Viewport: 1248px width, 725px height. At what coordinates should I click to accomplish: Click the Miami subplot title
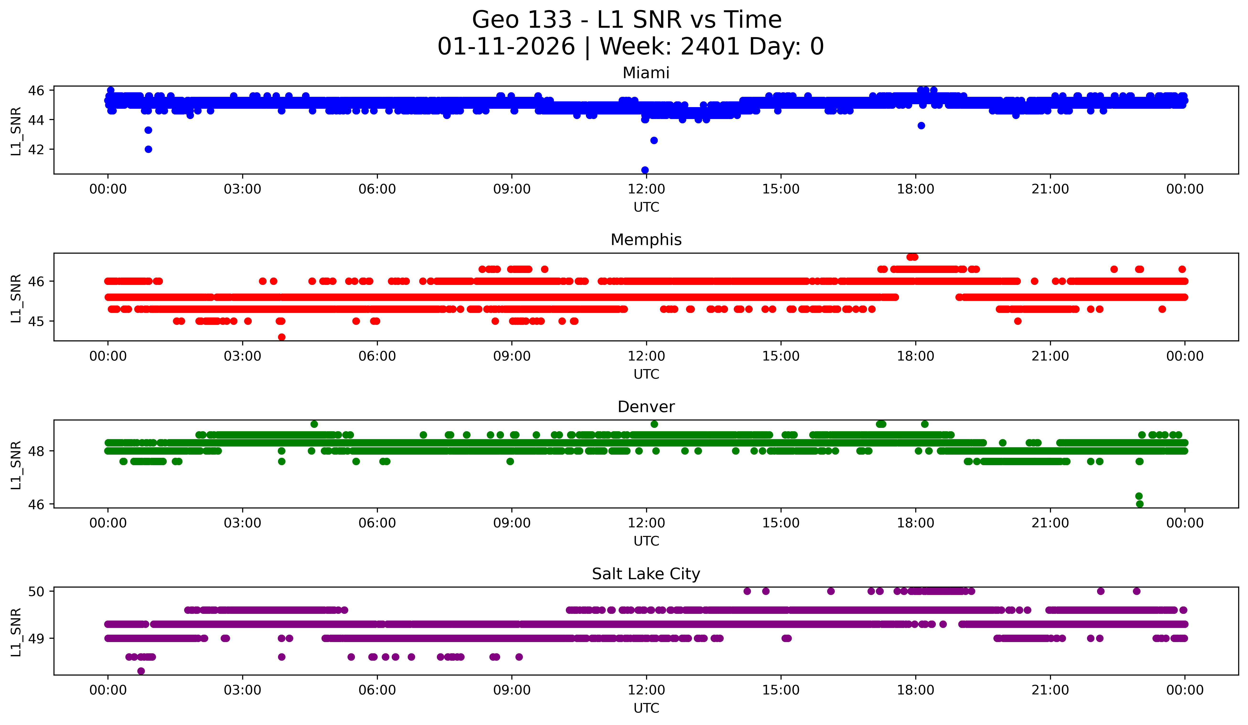coord(646,73)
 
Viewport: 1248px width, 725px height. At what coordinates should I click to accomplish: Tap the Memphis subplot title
coord(646,240)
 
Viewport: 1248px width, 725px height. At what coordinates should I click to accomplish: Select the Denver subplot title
coord(646,407)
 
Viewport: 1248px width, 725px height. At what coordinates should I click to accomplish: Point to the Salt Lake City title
coord(646,574)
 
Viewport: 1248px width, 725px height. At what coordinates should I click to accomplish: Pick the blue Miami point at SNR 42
coord(148,149)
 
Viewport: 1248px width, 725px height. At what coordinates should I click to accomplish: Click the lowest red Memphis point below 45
coord(281,337)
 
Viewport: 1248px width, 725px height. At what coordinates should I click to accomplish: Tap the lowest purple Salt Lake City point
coord(141,671)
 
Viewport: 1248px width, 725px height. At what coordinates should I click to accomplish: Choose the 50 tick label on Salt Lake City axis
coord(36,591)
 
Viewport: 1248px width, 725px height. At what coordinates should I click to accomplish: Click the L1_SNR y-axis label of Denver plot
coord(16,465)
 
